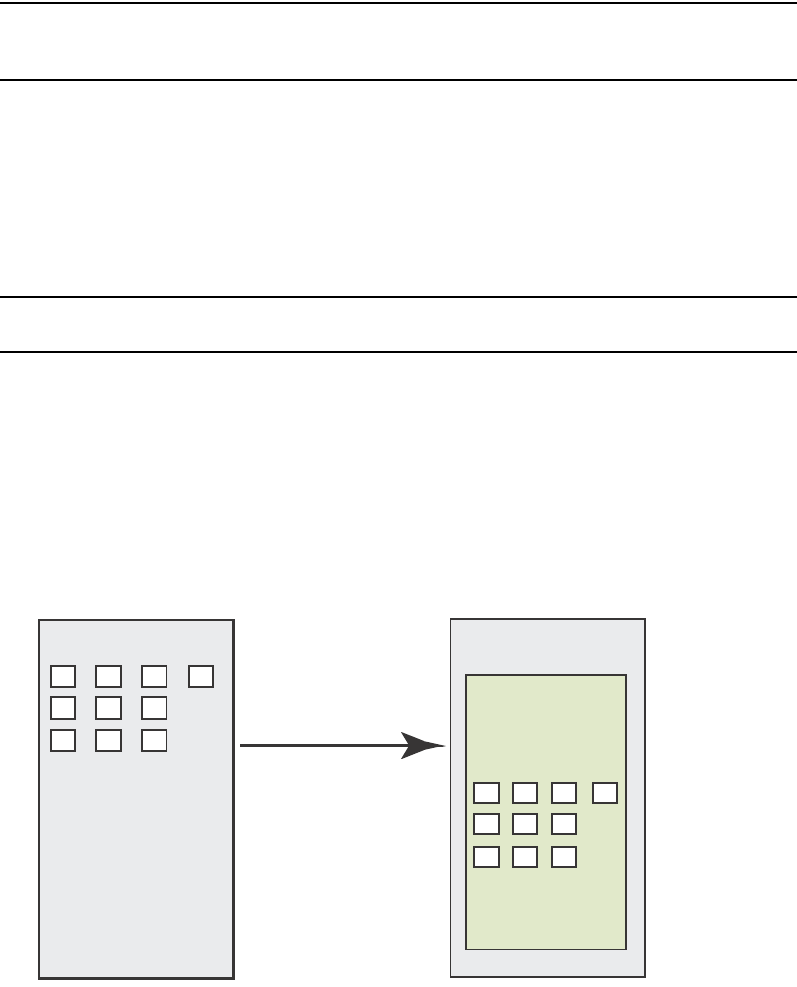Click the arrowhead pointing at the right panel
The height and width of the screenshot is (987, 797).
pyautogui.click(x=424, y=745)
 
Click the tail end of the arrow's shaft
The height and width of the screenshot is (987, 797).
pyautogui.click(x=243, y=745)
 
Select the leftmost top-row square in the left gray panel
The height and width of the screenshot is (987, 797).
pyautogui.click(x=63, y=676)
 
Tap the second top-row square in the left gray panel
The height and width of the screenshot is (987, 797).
pyautogui.click(x=109, y=676)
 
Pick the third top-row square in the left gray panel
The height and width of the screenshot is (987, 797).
pyautogui.click(x=155, y=676)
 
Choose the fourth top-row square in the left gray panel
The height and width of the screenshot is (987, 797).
pyautogui.click(x=201, y=676)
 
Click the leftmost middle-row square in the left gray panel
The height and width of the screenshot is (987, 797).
pyautogui.click(x=63, y=708)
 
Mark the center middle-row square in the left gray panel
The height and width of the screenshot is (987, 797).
pyautogui.click(x=109, y=708)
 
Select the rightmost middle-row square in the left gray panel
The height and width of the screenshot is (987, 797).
pyautogui.click(x=155, y=708)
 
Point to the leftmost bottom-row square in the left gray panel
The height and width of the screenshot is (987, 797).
pyautogui.click(x=63, y=741)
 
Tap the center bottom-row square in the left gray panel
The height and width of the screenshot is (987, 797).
pyautogui.click(x=109, y=741)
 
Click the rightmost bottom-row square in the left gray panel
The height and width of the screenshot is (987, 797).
pyautogui.click(x=155, y=741)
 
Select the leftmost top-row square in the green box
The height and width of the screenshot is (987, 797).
pyautogui.click(x=486, y=793)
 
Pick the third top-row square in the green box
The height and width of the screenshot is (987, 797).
pyautogui.click(x=563, y=793)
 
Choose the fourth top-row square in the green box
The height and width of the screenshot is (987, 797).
pyautogui.click(x=604, y=793)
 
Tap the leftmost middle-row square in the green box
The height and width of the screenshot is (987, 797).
pyautogui.click(x=486, y=824)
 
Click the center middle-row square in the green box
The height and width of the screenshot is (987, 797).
pyautogui.click(x=525, y=824)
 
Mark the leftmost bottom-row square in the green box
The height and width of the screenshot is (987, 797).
pyautogui.click(x=486, y=856)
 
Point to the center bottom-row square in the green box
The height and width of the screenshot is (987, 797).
pyautogui.click(x=525, y=856)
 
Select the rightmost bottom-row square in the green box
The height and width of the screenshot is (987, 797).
pyautogui.click(x=563, y=856)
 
